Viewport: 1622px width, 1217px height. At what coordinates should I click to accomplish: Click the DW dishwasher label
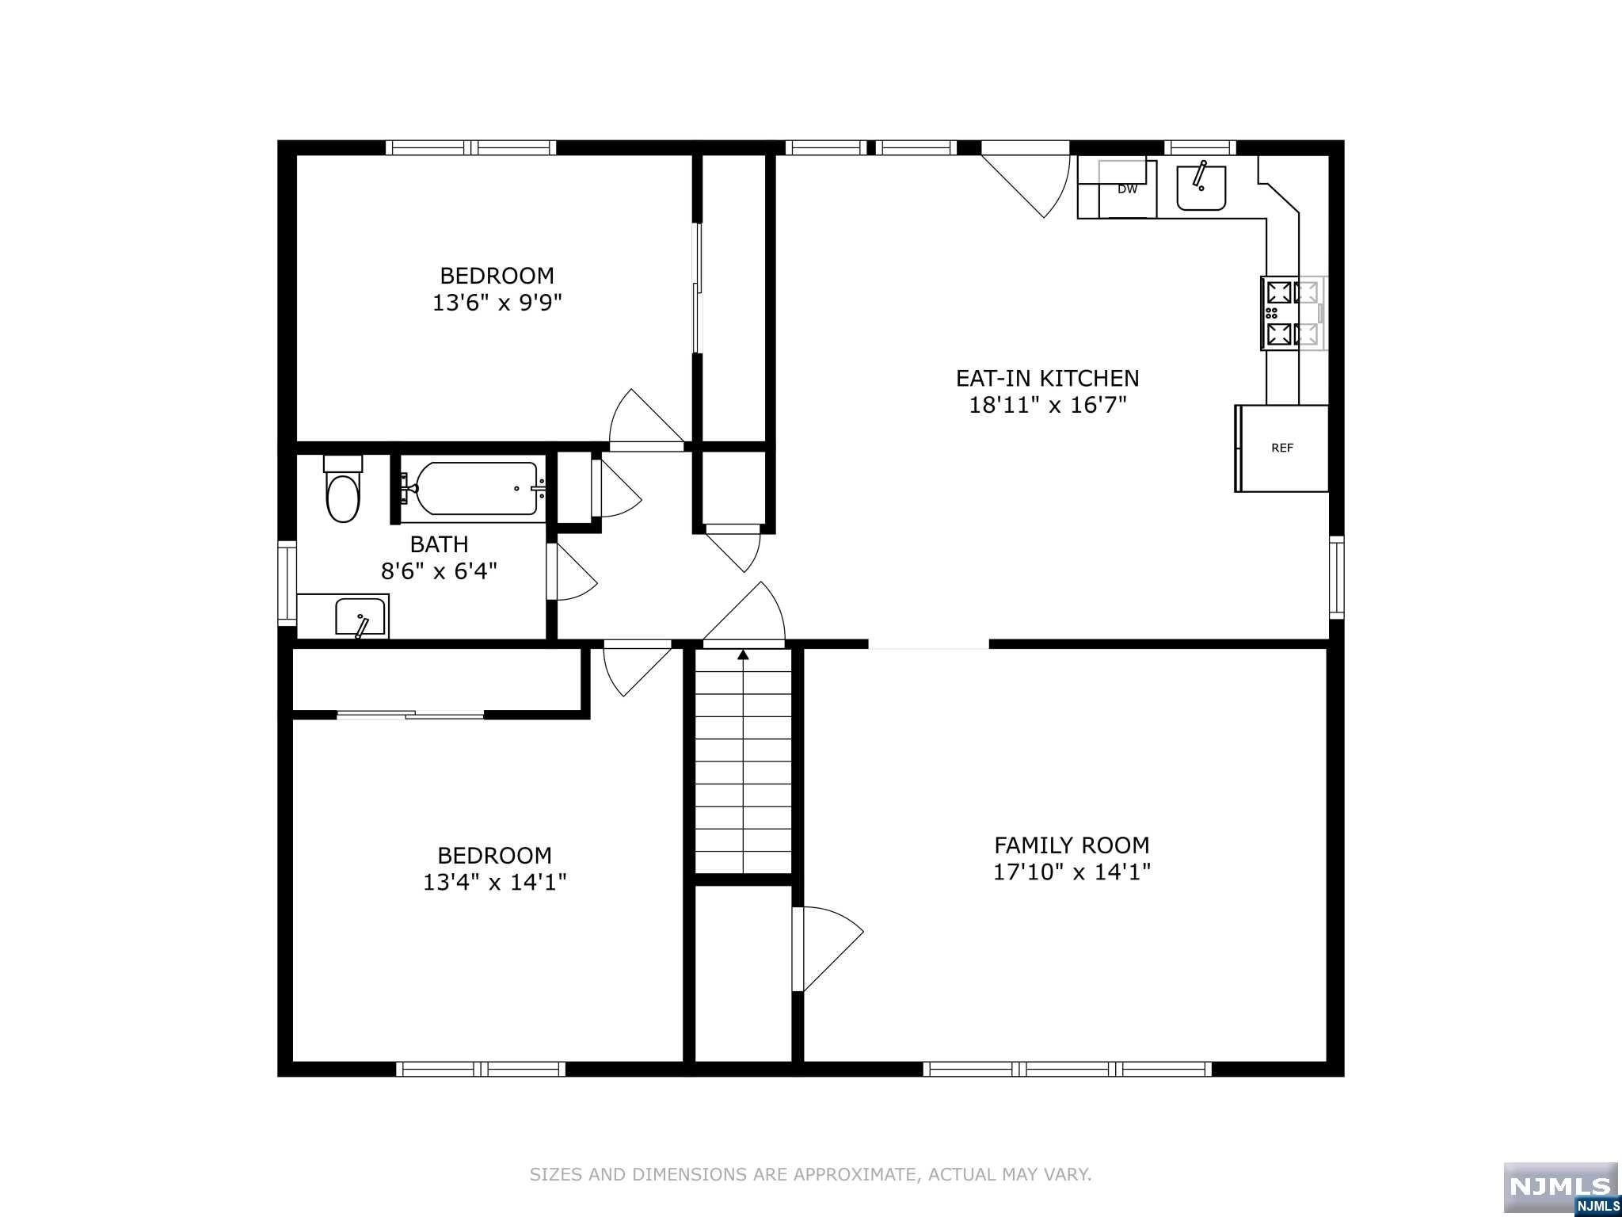tap(1127, 189)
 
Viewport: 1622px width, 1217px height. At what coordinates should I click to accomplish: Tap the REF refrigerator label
tap(1282, 448)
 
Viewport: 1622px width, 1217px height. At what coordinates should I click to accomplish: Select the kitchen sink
tap(1201, 188)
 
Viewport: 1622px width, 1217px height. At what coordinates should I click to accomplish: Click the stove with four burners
tap(1293, 313)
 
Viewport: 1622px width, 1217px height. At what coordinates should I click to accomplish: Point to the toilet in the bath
tap(343, 488)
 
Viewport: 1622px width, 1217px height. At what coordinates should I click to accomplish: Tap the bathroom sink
tap(360, 617)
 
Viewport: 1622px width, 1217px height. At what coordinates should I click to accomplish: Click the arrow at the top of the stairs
tap(743, 654)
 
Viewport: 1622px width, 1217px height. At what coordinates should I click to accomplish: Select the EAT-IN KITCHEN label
tap(1048, 378)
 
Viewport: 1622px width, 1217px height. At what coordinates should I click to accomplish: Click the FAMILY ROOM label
tap(1072, 845)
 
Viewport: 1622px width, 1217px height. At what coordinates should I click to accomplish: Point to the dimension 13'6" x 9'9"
tap(497, 303)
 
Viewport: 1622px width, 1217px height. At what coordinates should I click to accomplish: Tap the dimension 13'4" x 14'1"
tap(495, 882)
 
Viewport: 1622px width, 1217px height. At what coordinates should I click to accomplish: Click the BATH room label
tap(439, 544)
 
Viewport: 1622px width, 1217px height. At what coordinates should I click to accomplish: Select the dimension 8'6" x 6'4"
tap(439, 570)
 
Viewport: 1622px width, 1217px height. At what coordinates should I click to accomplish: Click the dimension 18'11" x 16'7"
tap(1048, 405)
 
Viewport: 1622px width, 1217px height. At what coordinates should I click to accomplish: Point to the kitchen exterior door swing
tap(1026, 186)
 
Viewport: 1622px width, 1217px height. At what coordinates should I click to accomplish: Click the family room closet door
tap(828, 948)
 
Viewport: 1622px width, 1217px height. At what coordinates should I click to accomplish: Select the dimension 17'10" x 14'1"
tap(1072, 872)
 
